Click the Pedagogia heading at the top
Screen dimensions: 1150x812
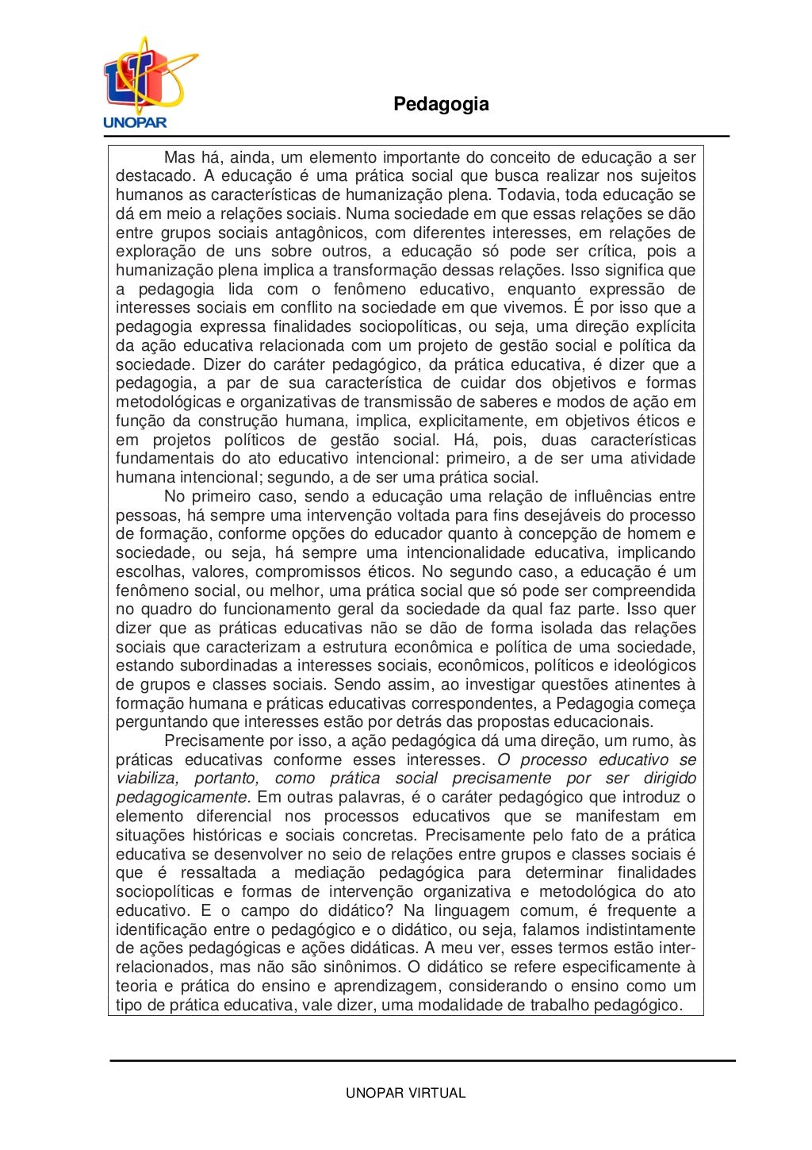click(x=441, y=104)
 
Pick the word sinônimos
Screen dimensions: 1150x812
click(x=359, y=967)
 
